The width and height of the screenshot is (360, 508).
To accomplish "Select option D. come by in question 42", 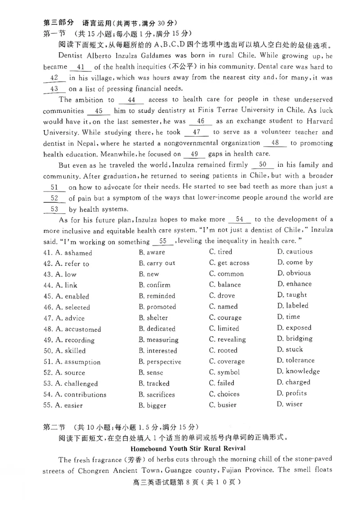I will coord(295,263).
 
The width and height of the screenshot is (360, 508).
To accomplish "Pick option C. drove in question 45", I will coord(222,296).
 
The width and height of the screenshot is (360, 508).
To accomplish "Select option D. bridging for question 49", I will coord(295,339).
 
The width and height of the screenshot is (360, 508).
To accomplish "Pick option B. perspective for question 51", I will coord(160,362).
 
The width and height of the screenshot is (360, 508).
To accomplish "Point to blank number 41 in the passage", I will coord(81,67).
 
